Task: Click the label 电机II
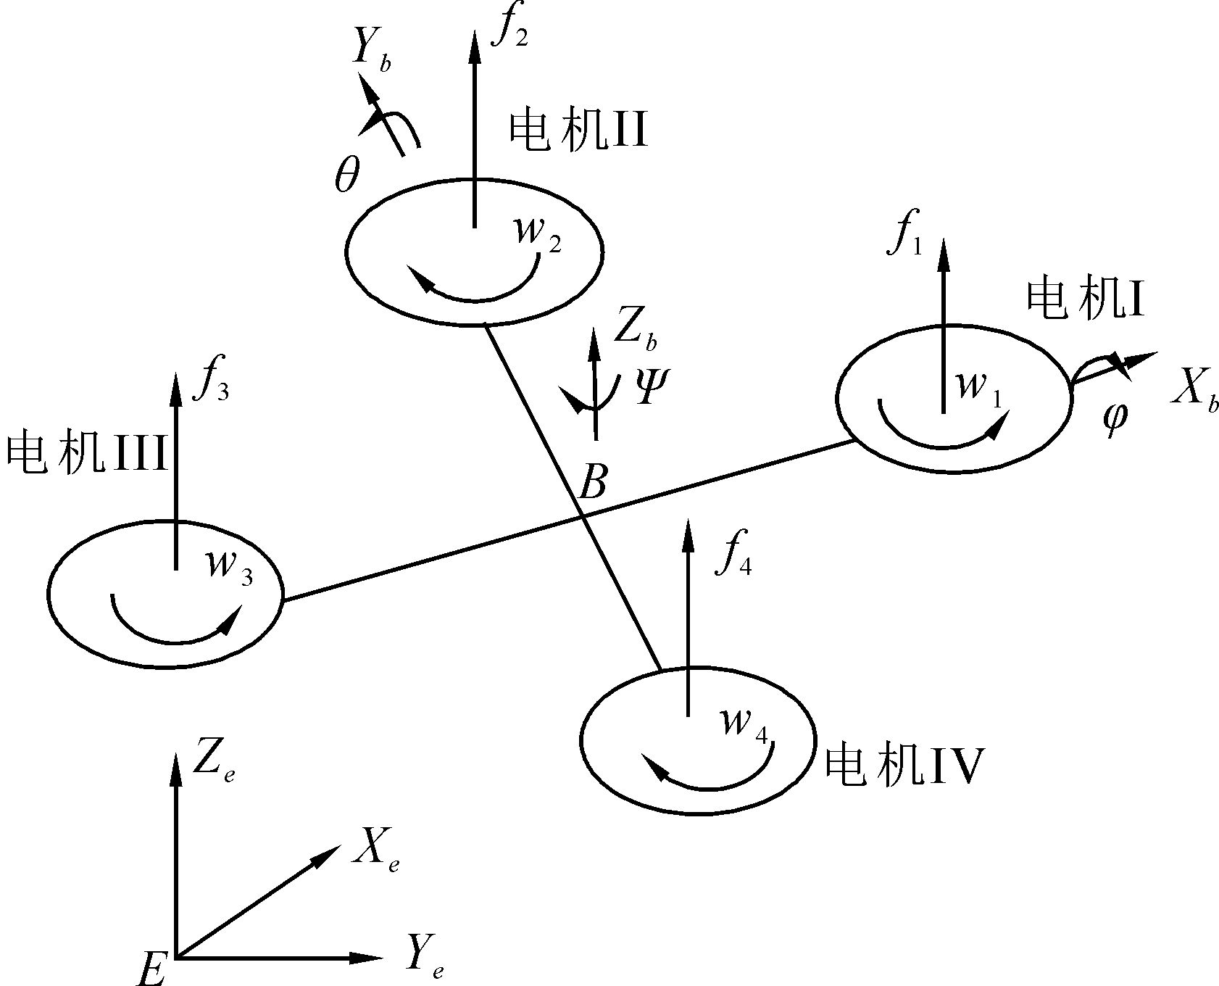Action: (x=578, y=131)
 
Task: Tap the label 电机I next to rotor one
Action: (x=1085, y=299)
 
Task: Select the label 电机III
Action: (x=87, y=455)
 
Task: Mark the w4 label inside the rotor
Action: (x=744, y=724)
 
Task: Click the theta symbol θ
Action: (x=346, y=177)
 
